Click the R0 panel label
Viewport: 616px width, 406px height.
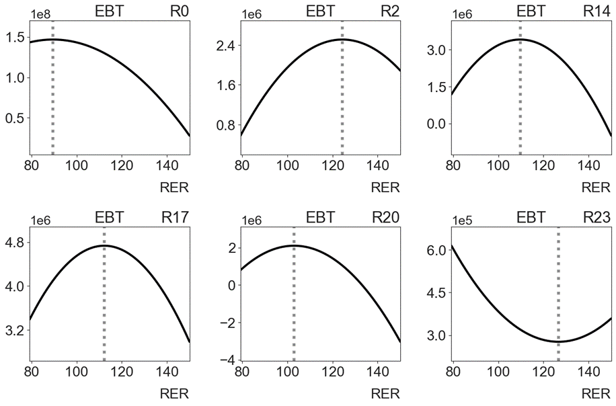[179, 11]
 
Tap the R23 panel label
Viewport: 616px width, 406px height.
[596, 217]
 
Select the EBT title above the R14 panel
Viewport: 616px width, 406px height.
[531, 11]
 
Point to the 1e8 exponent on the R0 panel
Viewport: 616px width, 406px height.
[40, 15]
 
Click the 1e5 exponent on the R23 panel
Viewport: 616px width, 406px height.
[463, 220]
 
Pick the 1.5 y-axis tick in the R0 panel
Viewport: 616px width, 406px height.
[15, 37]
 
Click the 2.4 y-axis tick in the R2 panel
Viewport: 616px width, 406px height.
[226, 45]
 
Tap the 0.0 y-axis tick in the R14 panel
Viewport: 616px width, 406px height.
[437, 124]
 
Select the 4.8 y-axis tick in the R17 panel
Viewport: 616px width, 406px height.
[15, 242]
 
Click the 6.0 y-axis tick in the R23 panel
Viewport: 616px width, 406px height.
[437, 250]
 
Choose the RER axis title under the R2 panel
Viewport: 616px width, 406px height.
[385, 188]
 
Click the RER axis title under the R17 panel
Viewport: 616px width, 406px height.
[174, 394]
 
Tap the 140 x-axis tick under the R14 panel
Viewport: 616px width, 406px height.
[588, 165]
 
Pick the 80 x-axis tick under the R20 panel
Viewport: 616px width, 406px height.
[242, 372]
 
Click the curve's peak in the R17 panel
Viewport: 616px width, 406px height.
[104, 246]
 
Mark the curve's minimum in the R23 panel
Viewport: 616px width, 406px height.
[558, 341]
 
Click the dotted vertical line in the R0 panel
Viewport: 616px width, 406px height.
[52, 88]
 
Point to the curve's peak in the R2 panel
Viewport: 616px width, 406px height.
[342, 39]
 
